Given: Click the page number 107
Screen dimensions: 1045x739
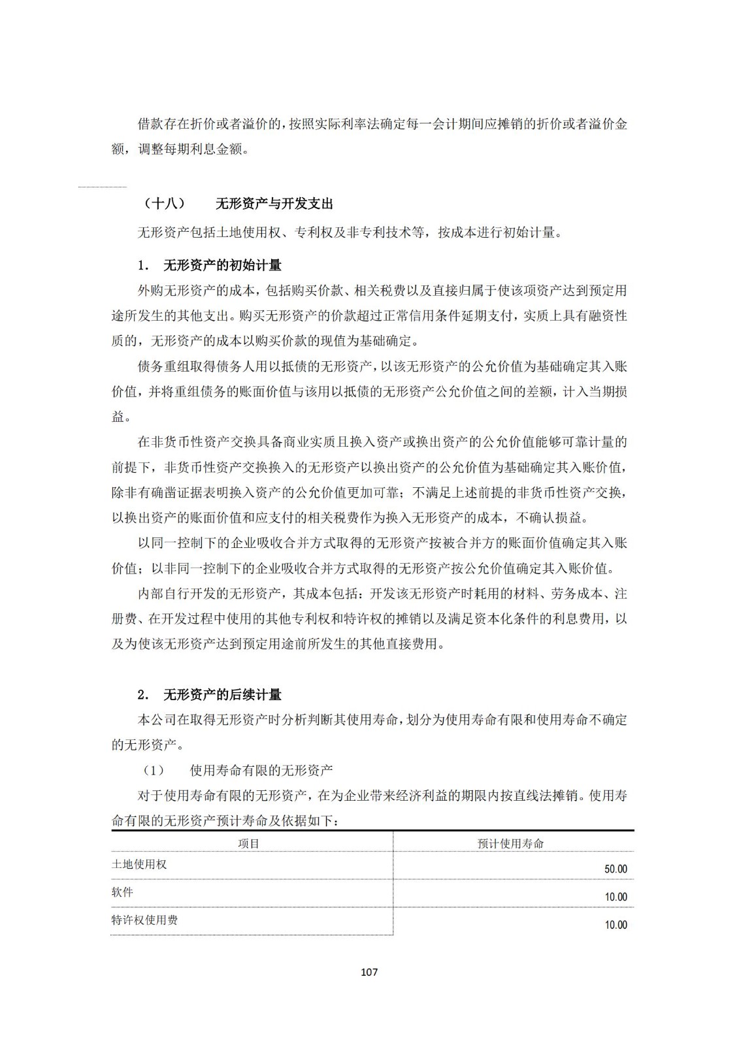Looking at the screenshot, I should point(369,972).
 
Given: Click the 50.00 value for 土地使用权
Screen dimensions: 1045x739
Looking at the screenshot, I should point(616,869).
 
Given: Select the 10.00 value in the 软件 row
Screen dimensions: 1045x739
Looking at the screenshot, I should point(616,897).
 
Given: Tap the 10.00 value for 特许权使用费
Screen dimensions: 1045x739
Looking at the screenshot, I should point(616,925).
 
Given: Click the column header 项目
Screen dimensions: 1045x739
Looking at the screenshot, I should point(249,843).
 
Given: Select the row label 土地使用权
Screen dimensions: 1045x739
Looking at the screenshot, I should point(139,864).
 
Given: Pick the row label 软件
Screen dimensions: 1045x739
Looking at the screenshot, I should point(122,892).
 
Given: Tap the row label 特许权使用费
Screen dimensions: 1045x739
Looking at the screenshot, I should point(144,920).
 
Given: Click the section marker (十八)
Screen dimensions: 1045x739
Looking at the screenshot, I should point(164,204).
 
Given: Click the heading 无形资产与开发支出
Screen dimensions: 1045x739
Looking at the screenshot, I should point(274,204).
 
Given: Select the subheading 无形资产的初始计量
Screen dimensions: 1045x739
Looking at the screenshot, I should point(222,266).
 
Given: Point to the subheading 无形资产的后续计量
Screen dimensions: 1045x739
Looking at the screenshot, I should point(222,695).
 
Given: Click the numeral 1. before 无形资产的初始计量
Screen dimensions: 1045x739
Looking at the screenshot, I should point(144,266).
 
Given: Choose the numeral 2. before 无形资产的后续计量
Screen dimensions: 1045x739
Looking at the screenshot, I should point(144,695).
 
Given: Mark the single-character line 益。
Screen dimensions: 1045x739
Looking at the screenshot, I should point(122,417).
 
